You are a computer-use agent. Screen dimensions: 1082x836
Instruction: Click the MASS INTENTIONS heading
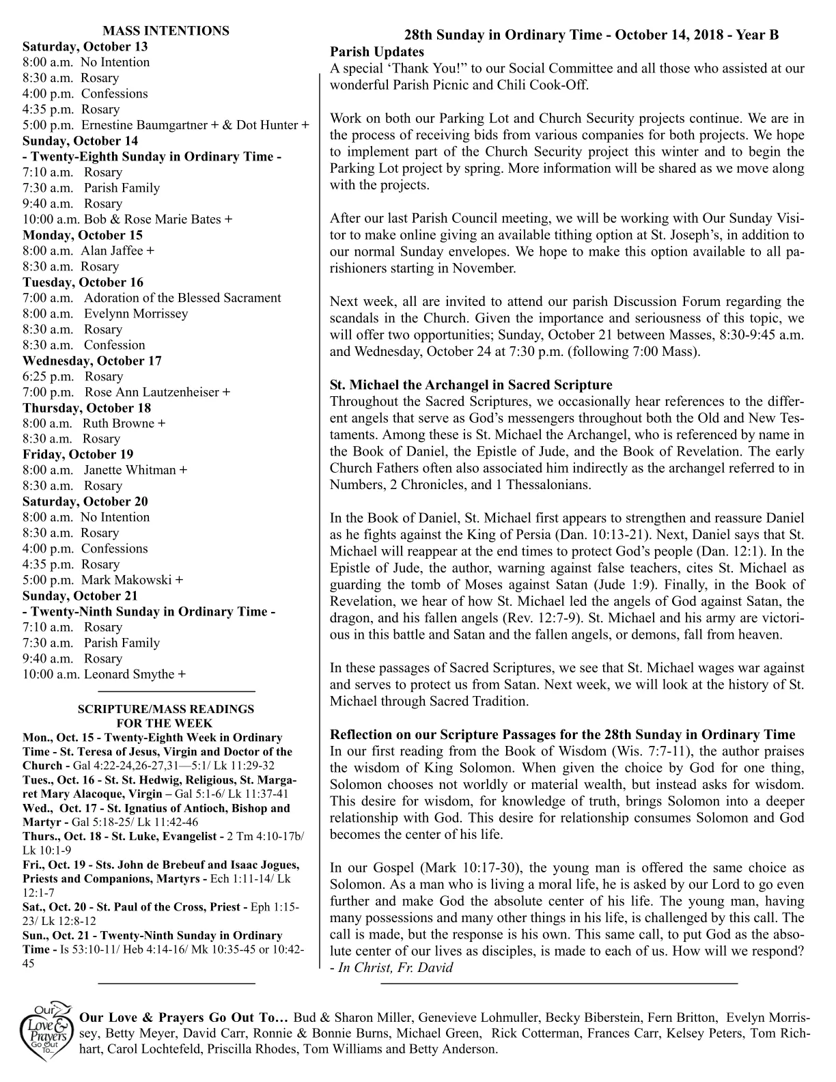[165, 31]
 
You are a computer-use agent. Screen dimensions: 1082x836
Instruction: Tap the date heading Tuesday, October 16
[83, 282]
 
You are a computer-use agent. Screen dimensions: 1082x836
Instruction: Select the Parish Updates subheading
[376, 52]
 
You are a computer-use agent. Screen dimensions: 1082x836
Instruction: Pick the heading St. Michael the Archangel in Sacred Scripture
[471, 385]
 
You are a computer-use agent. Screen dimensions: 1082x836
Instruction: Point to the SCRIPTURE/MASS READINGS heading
[165, 709]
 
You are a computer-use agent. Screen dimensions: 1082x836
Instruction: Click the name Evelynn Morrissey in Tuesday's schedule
[136, 314]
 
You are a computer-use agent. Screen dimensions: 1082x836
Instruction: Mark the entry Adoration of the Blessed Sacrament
[182, 298]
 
